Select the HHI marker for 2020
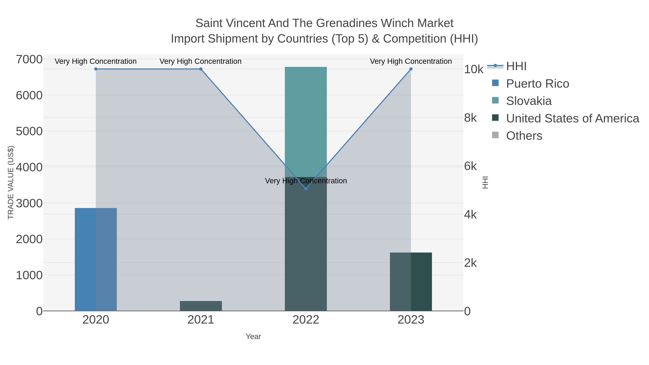tap(96, 69)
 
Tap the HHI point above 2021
tap(201, 69)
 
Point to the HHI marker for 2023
tap(411, 69)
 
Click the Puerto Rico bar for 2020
tap(96, 259)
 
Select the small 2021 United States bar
tap(201, 306)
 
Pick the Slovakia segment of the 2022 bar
tap(306, 121)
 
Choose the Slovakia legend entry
tap(529, 101)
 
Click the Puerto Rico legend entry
tap(537, 84)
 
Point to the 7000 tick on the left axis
tap(29, 60)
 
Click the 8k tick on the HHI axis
tap(470, 118)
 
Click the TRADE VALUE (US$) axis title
tap(11, 182)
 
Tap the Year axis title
tap(253, 337)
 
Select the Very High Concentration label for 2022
tap(306, 181)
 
